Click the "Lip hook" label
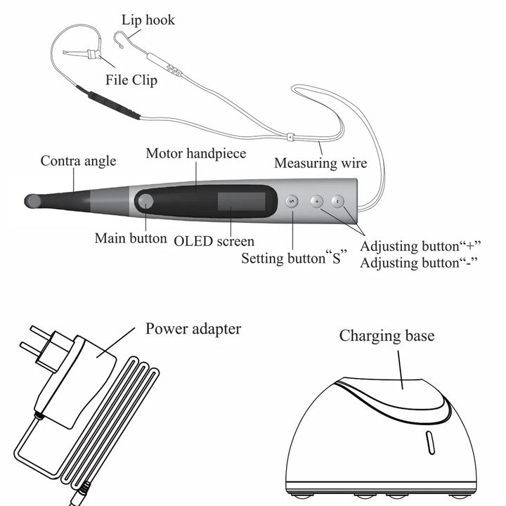pyautogui.click(x=148, y=20)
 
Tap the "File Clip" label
pyautogui.click(x=131, y=79)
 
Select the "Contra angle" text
pyautogui.click(x=77, y=161)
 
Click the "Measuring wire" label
pyautogui.click(x=320, y=163)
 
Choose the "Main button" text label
pyautogui.click(x=131, y=238)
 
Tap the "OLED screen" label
pyautogui.click(x=214, y=241)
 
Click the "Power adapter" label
pyautogui.click(x=193, y=328)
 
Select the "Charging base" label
pyautogui.click(x=387, y=335)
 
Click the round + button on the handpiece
pyautogui.click(x=316, y=201)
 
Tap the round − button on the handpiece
pyautogui.click(x=337, y=201)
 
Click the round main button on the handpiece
pyautogui.click(x=146, y=202)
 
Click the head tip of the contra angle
pyautogui.click(x=32, y=202)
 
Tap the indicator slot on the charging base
pyautogui.click(x=427, y=443)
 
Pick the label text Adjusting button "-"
pyautogui.click(x=419, y=263)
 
